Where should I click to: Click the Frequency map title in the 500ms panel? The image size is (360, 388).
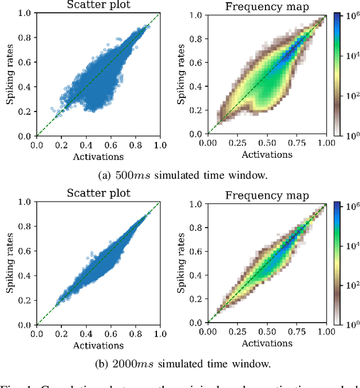point(267,7)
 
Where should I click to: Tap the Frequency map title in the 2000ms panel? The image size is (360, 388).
point(267,195)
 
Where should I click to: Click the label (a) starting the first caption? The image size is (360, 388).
point(105,175)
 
